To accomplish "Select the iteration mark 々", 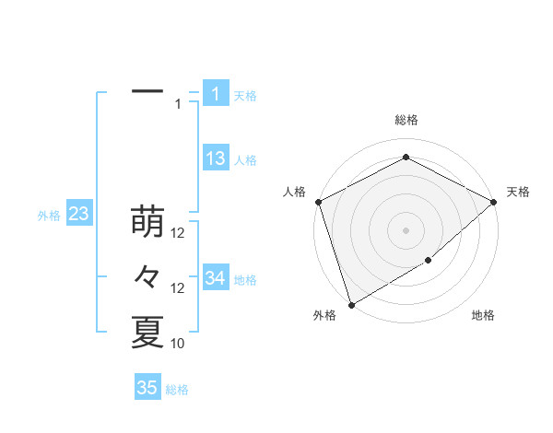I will point(147,277).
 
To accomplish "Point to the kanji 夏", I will point(147,333).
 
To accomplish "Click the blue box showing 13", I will point(216,158).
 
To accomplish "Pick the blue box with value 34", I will point(216,278).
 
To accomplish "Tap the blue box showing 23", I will point(79,215).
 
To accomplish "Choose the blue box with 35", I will point(147,388).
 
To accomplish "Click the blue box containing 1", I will point(216,94).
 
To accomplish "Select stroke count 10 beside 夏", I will point(178,344).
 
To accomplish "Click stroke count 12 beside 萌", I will point(179,233).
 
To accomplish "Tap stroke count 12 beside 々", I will point(179,288).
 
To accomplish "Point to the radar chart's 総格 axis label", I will point(406,121).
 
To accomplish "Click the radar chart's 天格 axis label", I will point(518,192).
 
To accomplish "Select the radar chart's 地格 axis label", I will point(483,316).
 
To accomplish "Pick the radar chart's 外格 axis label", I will point(324,316).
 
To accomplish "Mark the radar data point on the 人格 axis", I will point(318,202).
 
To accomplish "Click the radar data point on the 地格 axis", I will point(429,262).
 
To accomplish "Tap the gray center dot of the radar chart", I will point(406,229).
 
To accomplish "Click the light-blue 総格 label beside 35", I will point(177,390).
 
